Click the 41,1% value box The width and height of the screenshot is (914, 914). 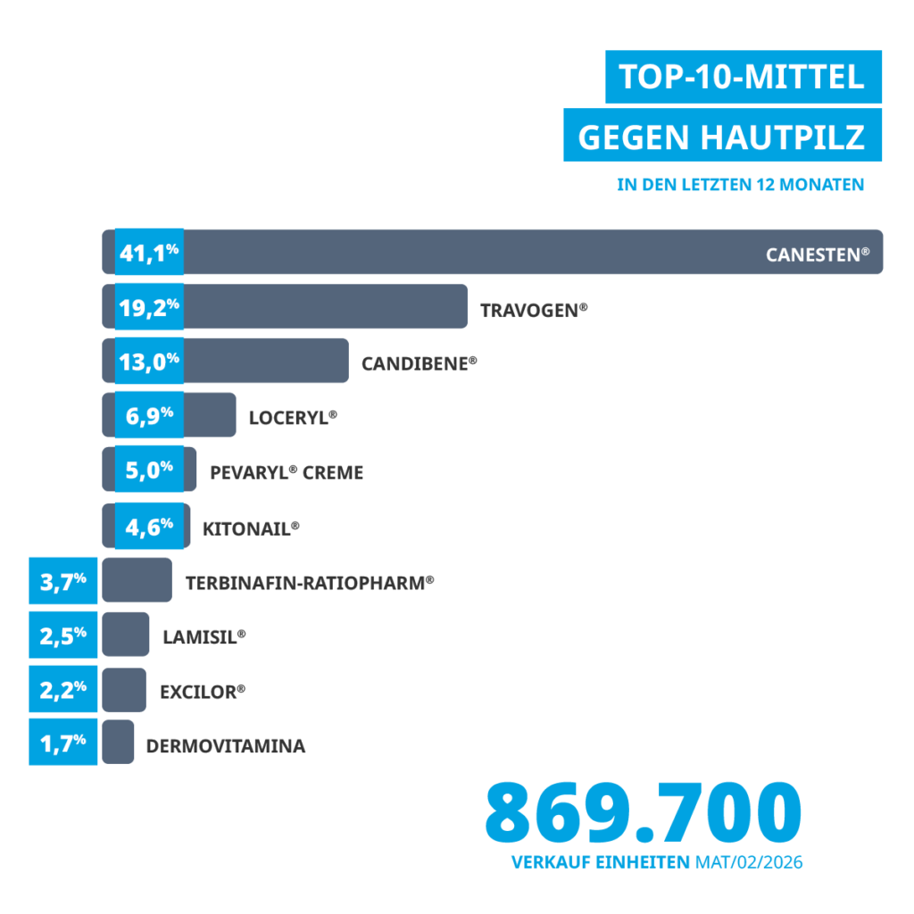point(149,253)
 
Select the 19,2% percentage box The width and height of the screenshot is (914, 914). point(149,307)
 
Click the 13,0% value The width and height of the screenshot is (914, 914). point(149,361)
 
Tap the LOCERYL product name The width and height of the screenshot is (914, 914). point(293,417)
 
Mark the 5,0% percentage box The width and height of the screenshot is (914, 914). point(149,469)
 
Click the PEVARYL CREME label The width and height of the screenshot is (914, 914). point(287,472)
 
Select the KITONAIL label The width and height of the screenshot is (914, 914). point(250,528)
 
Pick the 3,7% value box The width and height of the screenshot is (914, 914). point(62,581)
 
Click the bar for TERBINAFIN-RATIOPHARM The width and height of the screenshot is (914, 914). point(137,581)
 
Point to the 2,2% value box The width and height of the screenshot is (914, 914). point(62,688)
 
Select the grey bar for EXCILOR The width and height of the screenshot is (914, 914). point(124,689)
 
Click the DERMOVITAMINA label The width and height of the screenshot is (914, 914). point(226,746)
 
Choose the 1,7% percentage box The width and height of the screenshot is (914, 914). point(62,742)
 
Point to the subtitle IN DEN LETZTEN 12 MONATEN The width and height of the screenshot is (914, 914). point(740,186)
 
